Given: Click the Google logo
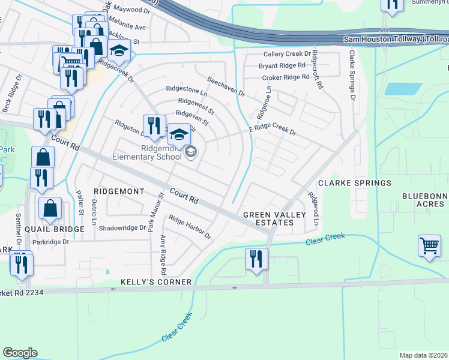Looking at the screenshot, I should coord(20,352).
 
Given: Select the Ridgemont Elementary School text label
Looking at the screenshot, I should coord(145,152).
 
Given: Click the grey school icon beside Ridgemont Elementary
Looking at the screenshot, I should coord(190,152).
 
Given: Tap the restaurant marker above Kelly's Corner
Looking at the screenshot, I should coord(256,259).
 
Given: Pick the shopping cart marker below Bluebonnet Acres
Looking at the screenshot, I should coord(429,246).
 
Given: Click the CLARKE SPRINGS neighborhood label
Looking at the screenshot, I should coord(354,182).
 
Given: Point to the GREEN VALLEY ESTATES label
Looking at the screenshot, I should coord(268,218).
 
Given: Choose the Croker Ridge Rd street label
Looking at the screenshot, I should coord(284,78).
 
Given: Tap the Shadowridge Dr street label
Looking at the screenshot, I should coord(122,228).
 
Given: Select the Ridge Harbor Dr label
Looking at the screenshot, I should coord(190,227).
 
